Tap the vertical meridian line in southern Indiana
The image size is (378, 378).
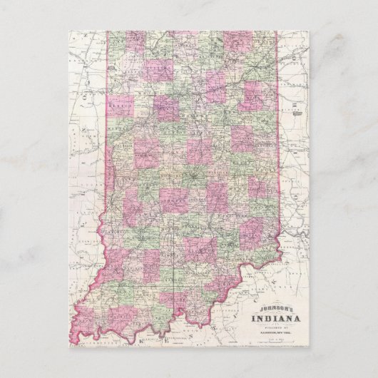click(x=176, y=285)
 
